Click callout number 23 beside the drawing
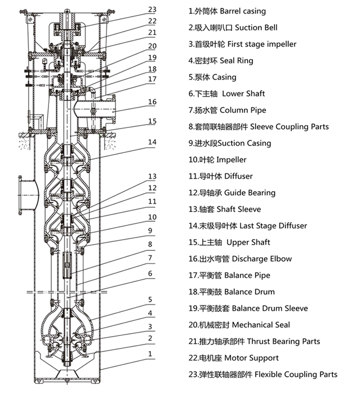click(152, 9)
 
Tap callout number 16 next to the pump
click(152, 102)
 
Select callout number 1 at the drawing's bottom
click(150, 354)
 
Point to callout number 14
click(152, 142)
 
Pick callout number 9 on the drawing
click(150, 230)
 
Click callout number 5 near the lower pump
click(150, 299)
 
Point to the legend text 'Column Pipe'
click(243, 110)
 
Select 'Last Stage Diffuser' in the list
click(273, 226)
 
